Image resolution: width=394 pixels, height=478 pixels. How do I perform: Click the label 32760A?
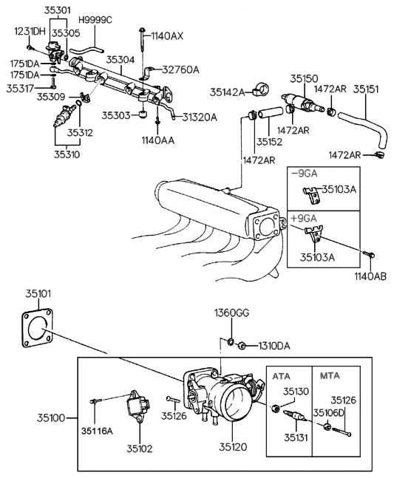[181, 70]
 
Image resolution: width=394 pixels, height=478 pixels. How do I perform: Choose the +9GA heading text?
[305, 218]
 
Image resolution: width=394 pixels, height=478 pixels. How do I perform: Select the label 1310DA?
[274, 345]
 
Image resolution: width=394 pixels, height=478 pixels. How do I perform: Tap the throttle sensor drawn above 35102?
[137, 407]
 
